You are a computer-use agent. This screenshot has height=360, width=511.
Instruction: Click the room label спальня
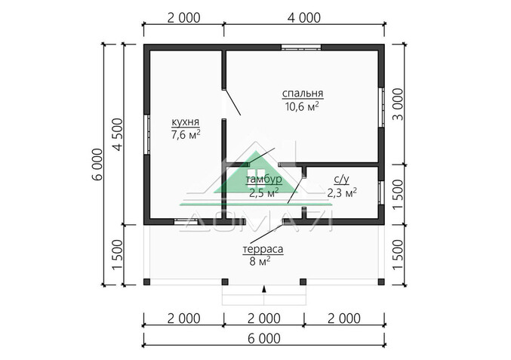tap(303, 94)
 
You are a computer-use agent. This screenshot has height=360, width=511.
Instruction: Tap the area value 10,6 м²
tap(302, 106)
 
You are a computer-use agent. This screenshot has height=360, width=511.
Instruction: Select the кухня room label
tap(186, 122)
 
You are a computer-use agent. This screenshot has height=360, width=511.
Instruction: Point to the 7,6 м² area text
tap(186, 134)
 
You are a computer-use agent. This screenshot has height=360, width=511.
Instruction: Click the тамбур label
tap(264, 180)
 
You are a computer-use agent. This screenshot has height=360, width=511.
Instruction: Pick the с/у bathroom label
tap(341, 180)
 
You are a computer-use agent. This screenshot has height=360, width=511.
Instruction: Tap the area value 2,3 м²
tap(342, 193)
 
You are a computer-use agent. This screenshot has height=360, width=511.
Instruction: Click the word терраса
tap(263, 250)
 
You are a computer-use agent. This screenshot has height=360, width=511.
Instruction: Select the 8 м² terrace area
tap(260, 261)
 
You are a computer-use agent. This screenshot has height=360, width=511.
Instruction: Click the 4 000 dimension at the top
tap(304, 18)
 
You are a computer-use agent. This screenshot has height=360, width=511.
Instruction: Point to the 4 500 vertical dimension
tap(118, 134)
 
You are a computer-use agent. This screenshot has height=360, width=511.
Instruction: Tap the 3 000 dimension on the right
tap(398, 104)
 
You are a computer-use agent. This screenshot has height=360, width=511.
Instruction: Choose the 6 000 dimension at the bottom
tap(264, 339)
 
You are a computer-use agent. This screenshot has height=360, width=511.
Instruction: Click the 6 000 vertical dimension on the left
tap(97, 165)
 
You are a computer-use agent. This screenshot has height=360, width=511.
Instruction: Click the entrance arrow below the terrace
tap(264, 288)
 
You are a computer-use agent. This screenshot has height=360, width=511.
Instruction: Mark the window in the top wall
tap(301, 48)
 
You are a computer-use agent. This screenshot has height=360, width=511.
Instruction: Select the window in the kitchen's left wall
tap(147, 134)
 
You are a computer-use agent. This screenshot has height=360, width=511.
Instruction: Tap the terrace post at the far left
tap(147, 282)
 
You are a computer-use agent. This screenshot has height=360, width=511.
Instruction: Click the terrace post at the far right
tap(381, 282)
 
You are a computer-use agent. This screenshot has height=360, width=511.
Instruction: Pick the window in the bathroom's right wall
tap(381, 192)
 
